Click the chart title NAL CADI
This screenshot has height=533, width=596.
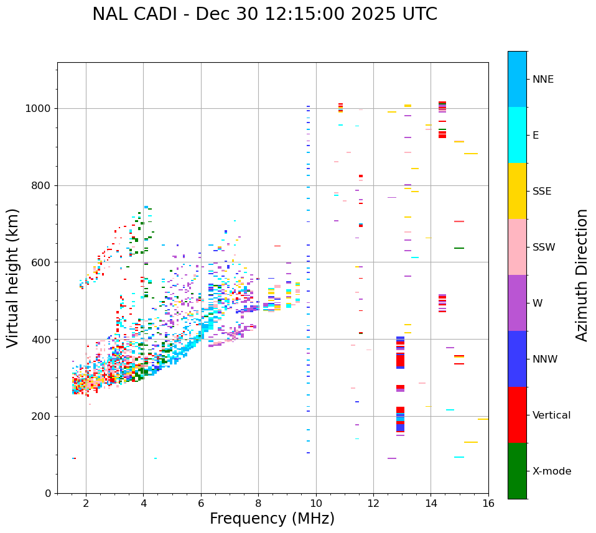click(x=264, y=14)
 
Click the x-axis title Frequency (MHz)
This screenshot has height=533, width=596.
click(x=272, y=519)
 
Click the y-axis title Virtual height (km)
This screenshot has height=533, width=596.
click(x=13, y=278)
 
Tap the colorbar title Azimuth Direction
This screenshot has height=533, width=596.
click(x=582, y=275)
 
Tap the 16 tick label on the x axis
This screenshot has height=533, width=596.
click(x=488, y=503)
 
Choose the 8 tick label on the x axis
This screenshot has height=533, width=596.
click(x=258, y=503)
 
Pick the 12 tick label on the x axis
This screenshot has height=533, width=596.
click(x=373, y=503)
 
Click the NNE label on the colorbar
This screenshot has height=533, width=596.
click(x=543, y=80)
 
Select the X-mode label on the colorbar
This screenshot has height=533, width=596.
click(x=552, y=471)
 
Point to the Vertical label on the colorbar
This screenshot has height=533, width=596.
click(x=551, y=415)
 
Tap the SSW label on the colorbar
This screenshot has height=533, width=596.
click(x=544, y=248)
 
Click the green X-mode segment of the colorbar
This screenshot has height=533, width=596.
click(x=517, y=471)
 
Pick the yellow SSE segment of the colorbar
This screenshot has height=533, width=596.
click(x=517, y=191)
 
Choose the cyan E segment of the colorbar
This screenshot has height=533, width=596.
click(x=517, y=135)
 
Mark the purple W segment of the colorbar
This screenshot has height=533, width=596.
click(x=517, y=303)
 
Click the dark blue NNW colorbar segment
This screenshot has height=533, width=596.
click(x=517, y=359)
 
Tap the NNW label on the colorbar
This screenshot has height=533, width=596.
click(x=545, y=359)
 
